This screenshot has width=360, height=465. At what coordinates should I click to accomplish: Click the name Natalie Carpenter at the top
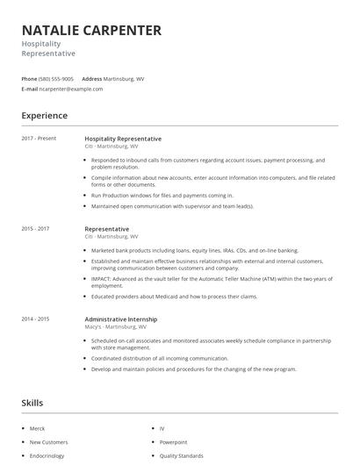point(91,30)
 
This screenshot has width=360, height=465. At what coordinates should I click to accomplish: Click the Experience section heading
point(44,115)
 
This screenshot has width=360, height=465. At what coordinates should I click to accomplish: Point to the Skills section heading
point(32,403)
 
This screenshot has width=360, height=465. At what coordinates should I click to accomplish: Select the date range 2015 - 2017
point(35,228)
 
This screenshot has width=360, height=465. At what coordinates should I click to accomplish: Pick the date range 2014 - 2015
point(35,318)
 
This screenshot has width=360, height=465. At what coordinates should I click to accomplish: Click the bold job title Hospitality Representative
point(123,139)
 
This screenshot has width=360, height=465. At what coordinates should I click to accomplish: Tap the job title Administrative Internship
point(121,318)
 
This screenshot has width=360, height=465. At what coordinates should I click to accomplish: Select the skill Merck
point(37,428)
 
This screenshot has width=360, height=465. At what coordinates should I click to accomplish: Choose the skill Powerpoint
point(174,442)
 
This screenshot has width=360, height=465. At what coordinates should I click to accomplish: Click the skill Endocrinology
point(46,456)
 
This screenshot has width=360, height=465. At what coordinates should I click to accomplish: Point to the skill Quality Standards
point(180,456)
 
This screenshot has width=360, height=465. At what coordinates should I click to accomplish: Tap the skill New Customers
point(47,442)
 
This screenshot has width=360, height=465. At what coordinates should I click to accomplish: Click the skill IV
point(162,428)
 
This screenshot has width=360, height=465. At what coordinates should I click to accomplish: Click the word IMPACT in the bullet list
point(102,279)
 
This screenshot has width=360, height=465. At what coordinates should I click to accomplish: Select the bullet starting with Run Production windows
point(162,196)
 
